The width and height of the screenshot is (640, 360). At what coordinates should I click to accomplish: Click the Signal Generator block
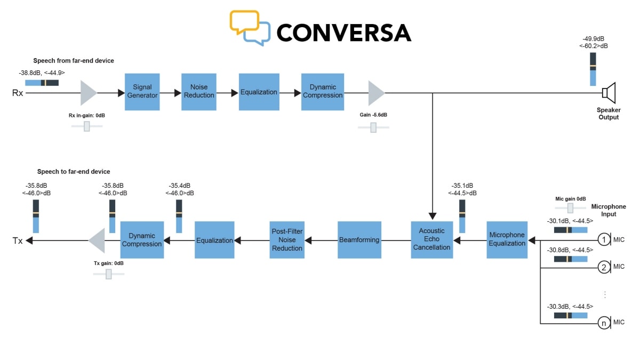142,92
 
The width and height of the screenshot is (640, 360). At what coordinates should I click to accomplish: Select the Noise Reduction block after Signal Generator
199,92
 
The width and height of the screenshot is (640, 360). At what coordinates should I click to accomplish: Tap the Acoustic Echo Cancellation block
431,239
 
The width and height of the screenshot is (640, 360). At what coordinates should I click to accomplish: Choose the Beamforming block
359,240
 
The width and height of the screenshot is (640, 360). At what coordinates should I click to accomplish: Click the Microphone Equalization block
507,239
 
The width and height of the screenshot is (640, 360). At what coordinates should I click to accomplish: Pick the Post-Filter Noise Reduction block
287,240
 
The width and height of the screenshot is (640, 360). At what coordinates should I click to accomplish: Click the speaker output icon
609,93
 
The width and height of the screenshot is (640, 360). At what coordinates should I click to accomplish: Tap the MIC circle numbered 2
604,267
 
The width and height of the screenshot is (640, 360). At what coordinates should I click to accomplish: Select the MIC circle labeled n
604,323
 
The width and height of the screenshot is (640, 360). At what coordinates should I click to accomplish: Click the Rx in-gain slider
86,126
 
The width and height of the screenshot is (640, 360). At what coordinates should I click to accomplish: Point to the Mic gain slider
570,207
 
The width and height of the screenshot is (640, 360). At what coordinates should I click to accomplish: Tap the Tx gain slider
109,274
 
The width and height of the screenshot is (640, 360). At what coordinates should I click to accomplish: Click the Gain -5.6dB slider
373,127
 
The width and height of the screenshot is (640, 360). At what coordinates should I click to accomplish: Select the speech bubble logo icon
249,27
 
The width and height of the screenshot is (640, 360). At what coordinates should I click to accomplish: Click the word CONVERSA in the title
343,33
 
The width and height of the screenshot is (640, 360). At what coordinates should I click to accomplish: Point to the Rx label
18,93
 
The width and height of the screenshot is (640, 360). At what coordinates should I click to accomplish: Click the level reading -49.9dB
593,39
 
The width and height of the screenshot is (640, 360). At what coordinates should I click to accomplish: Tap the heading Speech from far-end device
74,61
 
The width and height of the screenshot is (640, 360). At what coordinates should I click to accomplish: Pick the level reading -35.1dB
462,186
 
